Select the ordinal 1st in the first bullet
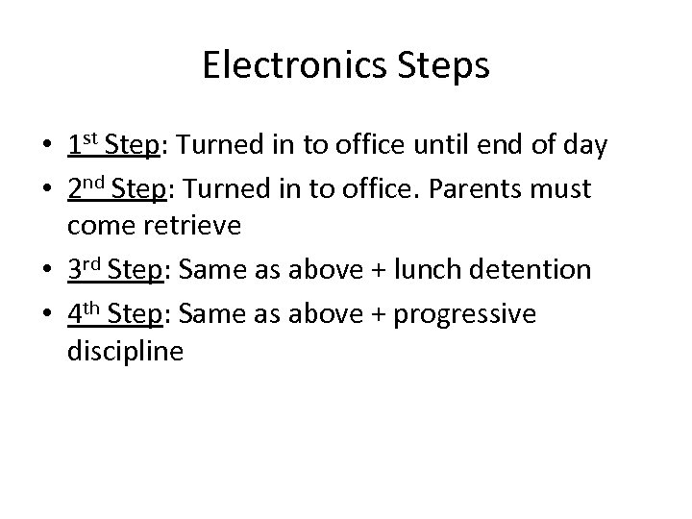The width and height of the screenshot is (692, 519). click(83, 145)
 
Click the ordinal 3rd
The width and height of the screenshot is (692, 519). click(86, 270)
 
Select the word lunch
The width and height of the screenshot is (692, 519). click(440, 271)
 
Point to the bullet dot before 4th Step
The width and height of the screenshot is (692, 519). click(46, 315)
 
